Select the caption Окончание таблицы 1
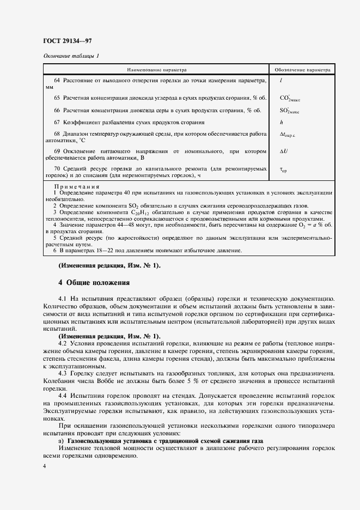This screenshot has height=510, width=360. click(70, 56)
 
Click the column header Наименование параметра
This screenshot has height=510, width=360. click(157, 70)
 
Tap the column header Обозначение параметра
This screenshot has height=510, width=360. click(302, 70)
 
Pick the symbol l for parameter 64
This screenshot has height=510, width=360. click(280, 81)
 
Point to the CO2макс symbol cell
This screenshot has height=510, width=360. click(290, 99)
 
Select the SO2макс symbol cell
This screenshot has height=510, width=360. click(289, 111)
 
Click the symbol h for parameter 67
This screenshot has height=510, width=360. click(281, 123)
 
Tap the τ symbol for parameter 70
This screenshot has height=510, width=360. click(283, 170)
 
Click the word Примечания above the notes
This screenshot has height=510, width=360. click(76, 187)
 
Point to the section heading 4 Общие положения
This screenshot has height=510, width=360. click(94, 282)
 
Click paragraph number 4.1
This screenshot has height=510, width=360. click(62, 300)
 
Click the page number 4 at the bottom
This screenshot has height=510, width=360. click(45, 467)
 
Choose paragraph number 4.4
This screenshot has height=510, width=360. click(62, 393)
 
